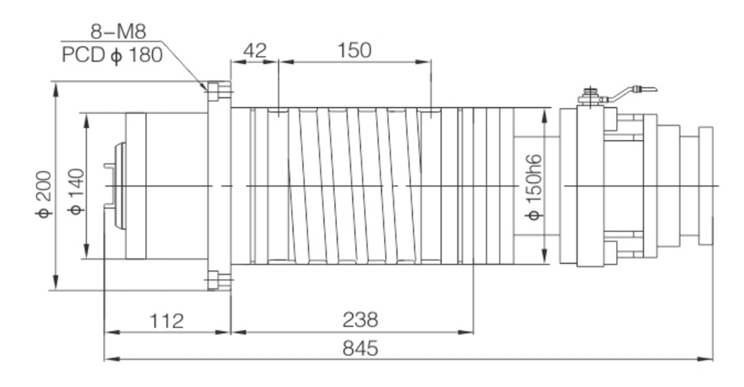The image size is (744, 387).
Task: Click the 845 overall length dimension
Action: [361, 348]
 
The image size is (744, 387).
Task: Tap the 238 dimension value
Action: [360, 320]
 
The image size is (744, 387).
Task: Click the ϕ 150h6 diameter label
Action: [533, 187]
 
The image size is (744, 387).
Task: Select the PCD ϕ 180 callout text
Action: [113, 55]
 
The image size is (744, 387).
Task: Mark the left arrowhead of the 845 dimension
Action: [109, 359]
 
